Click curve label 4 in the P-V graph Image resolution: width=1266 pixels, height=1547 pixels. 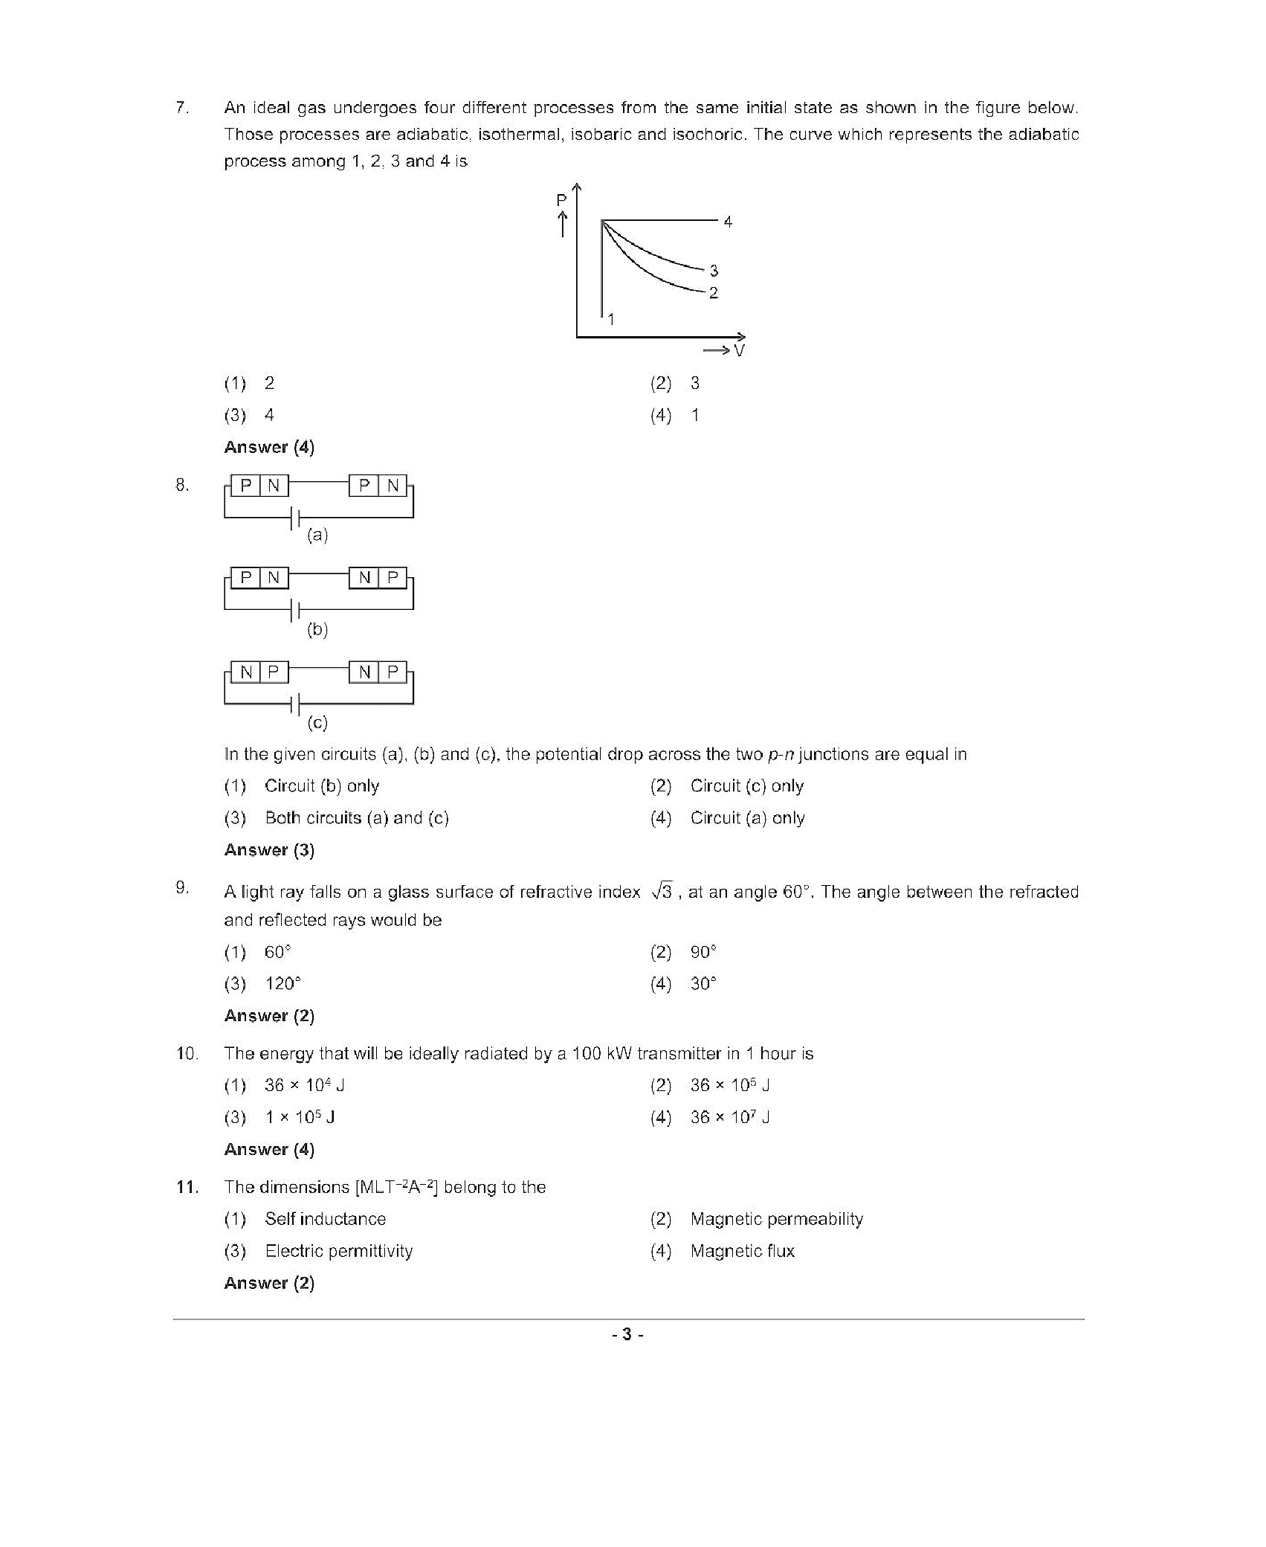728,222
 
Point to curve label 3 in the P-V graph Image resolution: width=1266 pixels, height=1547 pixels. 714,271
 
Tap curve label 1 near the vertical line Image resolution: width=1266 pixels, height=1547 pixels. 611,320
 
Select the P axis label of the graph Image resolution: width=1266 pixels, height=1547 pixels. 561,200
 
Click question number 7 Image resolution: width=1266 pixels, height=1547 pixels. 182,108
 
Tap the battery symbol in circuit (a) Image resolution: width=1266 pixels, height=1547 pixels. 295,518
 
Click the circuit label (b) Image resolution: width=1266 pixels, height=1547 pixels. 317,629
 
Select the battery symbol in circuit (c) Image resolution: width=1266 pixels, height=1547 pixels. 295,703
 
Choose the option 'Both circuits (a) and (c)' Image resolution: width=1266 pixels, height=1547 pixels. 357,818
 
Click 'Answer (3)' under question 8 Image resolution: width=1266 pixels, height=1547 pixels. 269,850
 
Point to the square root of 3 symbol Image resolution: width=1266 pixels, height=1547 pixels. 662,891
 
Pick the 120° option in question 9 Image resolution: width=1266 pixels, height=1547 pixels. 282,984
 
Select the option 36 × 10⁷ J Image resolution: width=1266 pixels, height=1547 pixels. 729,1117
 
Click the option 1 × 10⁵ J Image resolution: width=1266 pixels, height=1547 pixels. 300,1117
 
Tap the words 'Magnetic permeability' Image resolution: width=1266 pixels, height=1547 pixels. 776,1219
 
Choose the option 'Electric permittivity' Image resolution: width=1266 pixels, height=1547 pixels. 338,1251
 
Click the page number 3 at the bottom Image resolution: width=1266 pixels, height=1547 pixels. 627,1334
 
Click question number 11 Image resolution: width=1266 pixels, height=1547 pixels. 187,1187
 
